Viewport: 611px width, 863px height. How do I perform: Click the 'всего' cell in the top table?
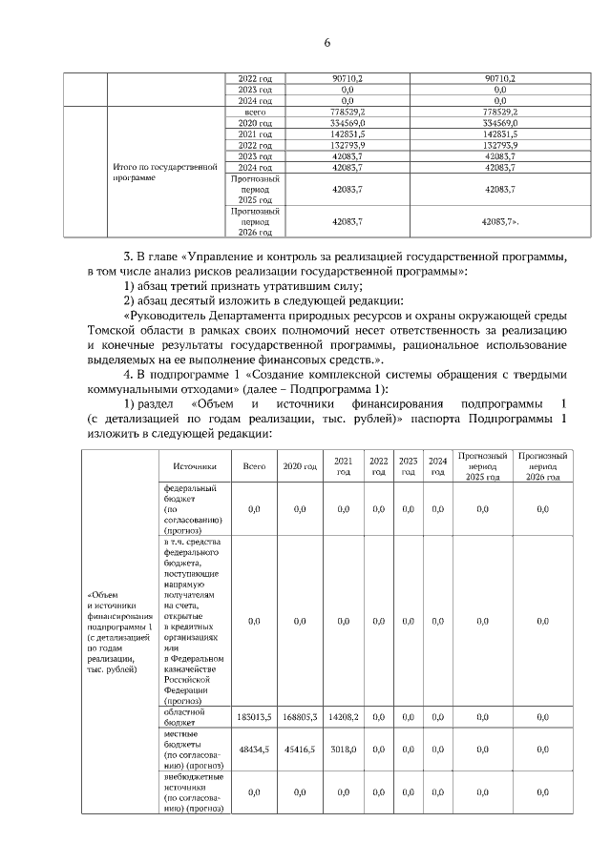[x=254, y=113]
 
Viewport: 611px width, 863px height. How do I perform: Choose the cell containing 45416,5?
[x=299, y=750]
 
